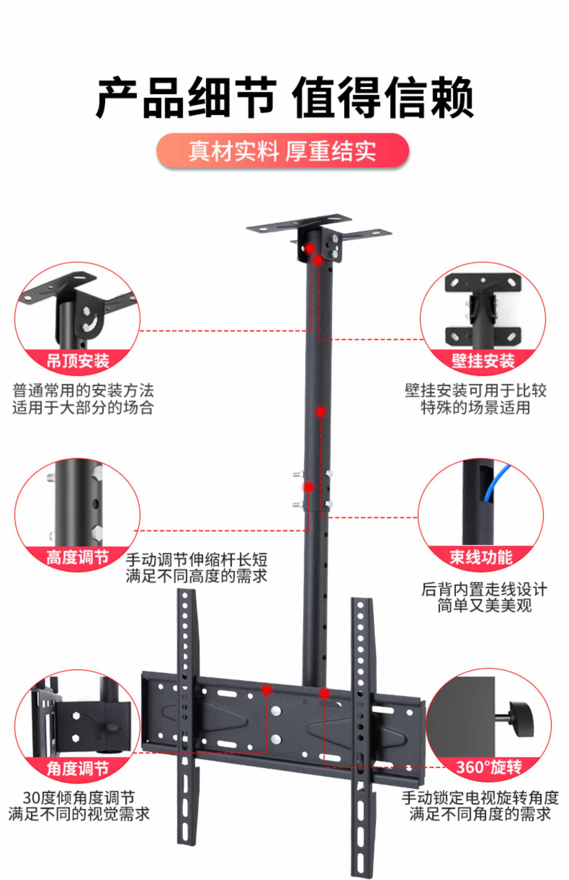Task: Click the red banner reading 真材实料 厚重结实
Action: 283,151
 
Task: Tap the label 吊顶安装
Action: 78,360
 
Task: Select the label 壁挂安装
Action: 483,360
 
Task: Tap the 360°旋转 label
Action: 489,767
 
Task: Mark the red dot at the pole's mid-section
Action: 321,411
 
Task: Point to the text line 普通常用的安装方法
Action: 83,390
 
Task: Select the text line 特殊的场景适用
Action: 475,408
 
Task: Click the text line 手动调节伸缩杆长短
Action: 196,560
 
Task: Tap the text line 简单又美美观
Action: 484,606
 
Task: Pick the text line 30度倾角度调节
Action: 79,798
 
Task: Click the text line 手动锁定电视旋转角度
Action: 480,798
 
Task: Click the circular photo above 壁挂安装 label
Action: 483,311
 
